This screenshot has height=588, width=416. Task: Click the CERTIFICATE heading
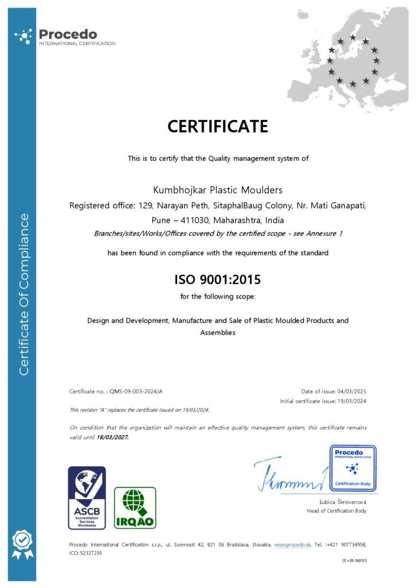(x=218, y=126)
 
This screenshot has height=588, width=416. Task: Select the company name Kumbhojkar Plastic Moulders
(x=218, y=189)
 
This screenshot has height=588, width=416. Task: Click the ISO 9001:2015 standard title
(x=218, y=280)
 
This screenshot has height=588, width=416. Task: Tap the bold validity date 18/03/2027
(x=113, y=437)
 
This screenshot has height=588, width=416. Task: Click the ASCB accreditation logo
(x=87, y=497)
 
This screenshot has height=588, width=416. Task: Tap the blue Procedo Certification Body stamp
(x=353, y=468)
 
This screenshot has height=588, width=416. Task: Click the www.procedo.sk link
(x=292, y=544)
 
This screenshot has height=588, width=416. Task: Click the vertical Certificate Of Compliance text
(x=24, y=294)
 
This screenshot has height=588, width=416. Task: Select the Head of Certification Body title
(x=337, y=510)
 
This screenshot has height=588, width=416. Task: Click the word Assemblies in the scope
(x=218, y=332)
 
